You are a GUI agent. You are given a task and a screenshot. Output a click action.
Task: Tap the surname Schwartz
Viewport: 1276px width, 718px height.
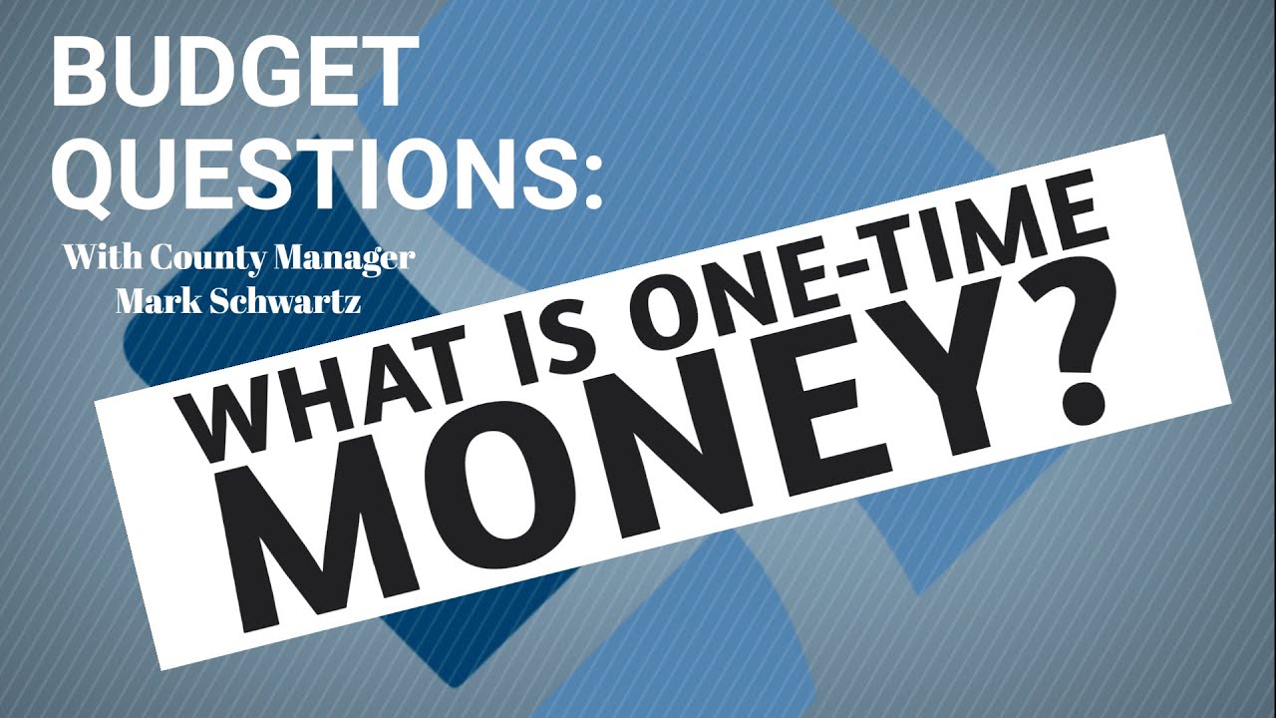point(285,299)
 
